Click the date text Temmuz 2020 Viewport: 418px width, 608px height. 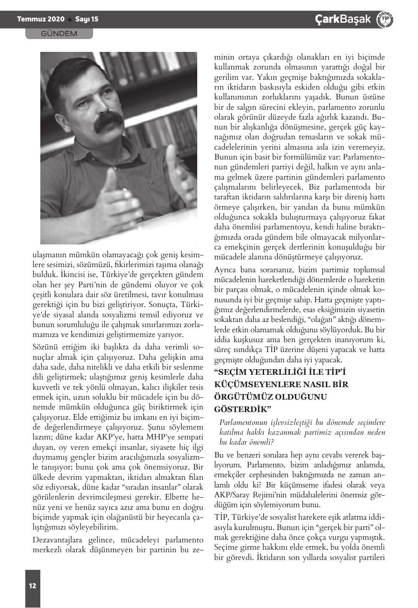(x=41, y=19)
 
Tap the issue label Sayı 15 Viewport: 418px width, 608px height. (x=87, y=19)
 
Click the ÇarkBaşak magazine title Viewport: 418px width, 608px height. (x=343, y=19)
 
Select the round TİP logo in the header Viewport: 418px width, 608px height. (x=385, y=19)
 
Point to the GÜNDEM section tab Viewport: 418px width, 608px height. (x=59, y=33)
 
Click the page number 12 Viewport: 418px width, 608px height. (x=33, y=586)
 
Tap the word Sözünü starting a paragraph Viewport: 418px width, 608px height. (x=45, y=347)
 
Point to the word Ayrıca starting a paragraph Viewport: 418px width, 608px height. (x=226, y=270)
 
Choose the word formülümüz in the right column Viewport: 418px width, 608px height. (x=304, y=157)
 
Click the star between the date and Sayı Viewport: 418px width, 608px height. (x=70, y=19)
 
